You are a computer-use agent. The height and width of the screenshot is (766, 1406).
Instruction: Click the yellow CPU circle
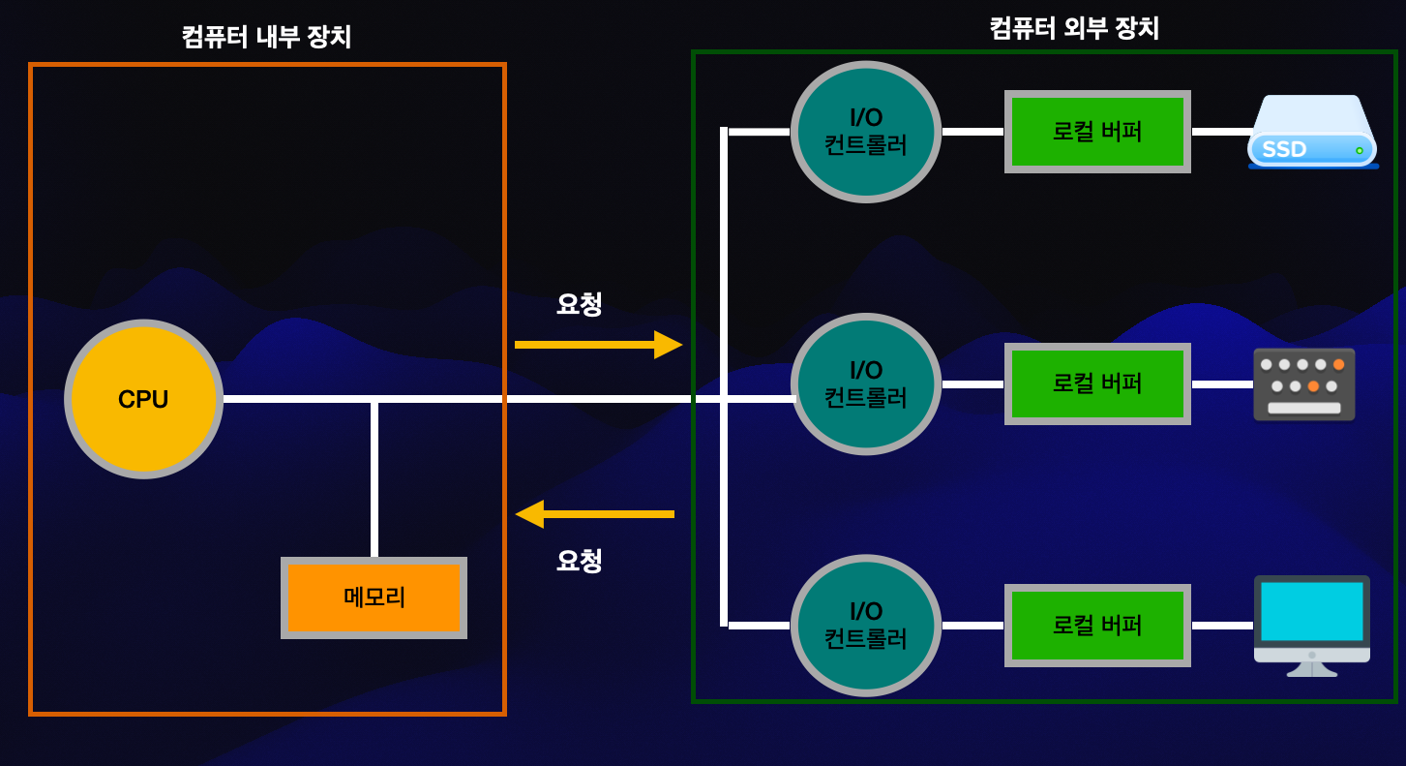[143, 399]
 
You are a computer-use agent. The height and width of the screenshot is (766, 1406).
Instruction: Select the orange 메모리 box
[374, 597]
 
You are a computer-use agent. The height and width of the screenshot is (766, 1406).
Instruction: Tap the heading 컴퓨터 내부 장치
[266, 37]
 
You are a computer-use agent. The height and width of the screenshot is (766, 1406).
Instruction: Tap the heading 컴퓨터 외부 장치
[1074, 28]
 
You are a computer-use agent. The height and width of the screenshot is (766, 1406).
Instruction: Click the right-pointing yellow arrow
[598, 344]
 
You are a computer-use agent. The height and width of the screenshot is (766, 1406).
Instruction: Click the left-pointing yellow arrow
[594, 514]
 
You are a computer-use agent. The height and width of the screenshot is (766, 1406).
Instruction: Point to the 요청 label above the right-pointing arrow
[579, 304]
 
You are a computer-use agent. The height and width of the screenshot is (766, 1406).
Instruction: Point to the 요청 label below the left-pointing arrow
[579, 561]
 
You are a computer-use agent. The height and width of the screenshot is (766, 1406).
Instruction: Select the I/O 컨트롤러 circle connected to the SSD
[866, 132]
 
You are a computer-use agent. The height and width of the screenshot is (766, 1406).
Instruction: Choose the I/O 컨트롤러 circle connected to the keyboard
[866, 383]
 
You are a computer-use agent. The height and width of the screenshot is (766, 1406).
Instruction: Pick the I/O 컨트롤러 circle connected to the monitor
[866, 626]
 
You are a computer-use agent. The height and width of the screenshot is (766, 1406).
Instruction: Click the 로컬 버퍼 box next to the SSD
[1097, 132]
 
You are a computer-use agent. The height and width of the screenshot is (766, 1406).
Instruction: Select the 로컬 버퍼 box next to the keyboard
[1097, 383]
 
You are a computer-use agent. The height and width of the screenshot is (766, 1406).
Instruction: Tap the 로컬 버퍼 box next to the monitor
[1097, 626]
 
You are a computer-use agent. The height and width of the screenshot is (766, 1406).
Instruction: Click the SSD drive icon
[1312, 133]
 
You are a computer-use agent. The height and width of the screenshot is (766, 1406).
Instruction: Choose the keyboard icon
[1303, 384]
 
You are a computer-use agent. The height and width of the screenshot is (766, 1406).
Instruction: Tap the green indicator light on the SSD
[1359, 150]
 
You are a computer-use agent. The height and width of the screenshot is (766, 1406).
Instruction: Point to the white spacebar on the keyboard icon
[1303, 408]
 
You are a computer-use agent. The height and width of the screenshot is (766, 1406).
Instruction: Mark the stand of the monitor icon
[1311, 669]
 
